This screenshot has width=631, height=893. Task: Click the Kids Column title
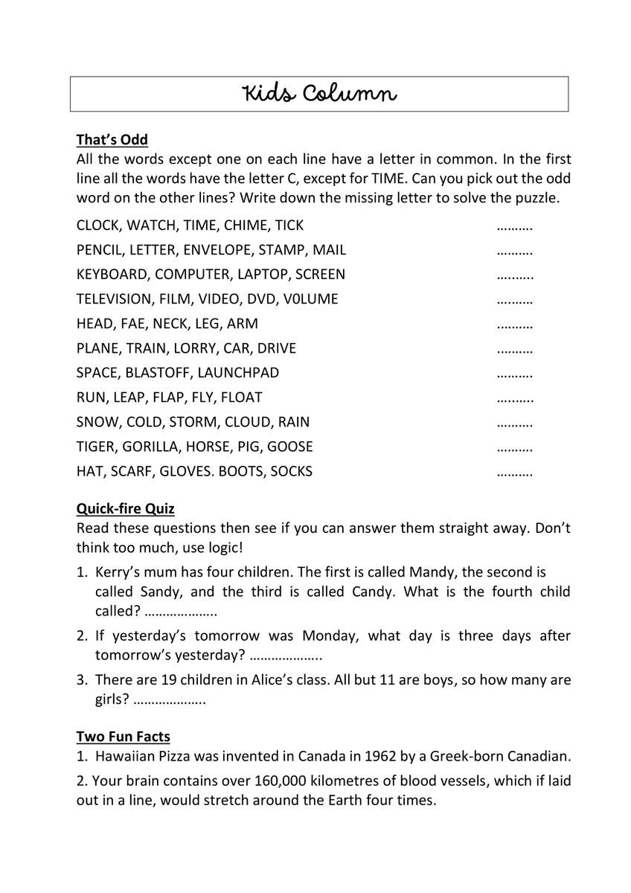[x=319, y=95]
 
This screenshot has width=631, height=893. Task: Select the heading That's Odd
[x=112, y=140]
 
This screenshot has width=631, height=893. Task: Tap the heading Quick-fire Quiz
[x=126, y=509]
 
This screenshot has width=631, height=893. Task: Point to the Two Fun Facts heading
[x=124, y=737]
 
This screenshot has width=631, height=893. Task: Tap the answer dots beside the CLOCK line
[x=514, y=226]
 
